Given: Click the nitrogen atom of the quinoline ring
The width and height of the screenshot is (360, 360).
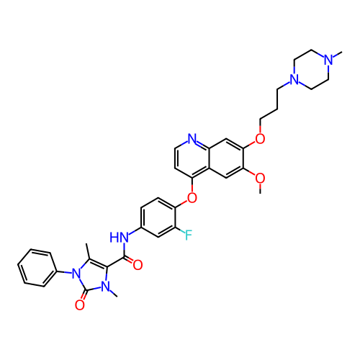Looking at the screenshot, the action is (192, 139).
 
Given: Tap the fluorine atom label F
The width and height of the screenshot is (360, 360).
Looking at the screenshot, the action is (189, 235).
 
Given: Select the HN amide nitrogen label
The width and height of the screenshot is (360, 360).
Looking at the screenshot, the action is (120, 238).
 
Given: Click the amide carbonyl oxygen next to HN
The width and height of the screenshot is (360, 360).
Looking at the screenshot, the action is (138, 265).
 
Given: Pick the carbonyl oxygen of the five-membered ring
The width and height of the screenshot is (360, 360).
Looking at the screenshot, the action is (80, 305).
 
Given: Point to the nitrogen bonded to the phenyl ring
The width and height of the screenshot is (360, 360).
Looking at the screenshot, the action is (76, 274).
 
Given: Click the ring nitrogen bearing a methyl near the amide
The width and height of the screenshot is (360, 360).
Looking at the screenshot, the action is (106, 287).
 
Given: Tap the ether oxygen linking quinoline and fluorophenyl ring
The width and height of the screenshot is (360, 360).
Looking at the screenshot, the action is (192, 198).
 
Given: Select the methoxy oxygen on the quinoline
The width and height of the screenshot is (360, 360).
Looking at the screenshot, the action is (260, 179).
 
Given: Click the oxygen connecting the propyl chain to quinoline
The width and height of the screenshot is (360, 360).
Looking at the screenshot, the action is (260, 139).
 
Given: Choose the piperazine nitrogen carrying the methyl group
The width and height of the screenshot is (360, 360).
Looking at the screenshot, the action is (328, 60).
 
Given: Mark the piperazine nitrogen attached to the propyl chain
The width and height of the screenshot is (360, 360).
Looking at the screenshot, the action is (294, 79).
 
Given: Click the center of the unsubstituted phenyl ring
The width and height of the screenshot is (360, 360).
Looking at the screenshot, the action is (37, 268).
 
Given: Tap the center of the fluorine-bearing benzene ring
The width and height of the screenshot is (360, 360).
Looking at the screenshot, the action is (158, 217).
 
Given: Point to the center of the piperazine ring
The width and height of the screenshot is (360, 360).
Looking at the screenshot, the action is (311, 70).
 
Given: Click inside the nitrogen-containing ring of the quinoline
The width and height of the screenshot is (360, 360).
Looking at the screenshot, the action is (192, 158).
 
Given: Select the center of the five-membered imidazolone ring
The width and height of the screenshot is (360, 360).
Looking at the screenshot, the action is (93, 276).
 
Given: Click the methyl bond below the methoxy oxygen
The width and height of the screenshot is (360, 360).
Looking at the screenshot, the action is (260, 189).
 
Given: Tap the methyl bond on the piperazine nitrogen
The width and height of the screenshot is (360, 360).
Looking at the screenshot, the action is (337, 54).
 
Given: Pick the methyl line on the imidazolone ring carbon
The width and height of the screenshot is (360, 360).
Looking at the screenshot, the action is (88, 251).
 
